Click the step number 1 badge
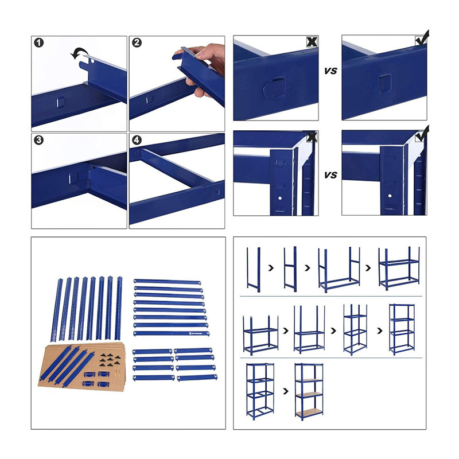(39, 42)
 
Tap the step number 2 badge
(137, 42)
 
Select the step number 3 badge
(38, 140)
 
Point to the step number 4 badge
(137, 140)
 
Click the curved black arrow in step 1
(77, 53)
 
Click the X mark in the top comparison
(312, 42)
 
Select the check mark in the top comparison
(422, 38)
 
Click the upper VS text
(330, 71)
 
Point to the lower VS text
(330, 175)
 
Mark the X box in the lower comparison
(312, 137)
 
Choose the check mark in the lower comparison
(422, 134)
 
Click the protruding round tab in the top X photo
(274, 87)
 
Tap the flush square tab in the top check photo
(385, 83)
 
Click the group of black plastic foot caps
(110, 360)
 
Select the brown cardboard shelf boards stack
(82, 367)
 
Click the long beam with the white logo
(171, 333)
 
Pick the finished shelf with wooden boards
(309, 392)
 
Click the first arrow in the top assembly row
(271, 267)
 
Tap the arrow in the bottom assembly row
(286, 391)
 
